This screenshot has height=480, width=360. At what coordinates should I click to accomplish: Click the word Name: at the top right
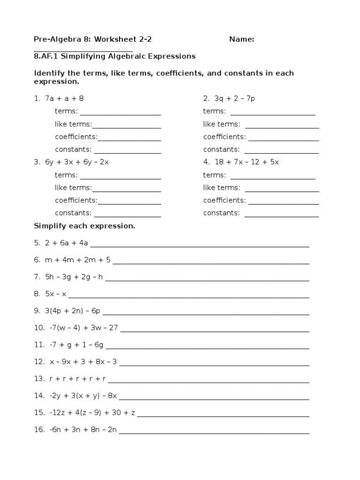click(x=241, y=39)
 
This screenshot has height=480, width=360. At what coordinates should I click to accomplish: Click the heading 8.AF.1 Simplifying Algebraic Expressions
click(x=114, y=56)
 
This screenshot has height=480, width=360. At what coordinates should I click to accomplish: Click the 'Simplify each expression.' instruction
click(x=84, y=226)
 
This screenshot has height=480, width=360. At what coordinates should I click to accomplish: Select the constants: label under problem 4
click(x=221, y=213)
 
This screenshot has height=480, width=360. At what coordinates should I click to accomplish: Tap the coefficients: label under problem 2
click(x=224, y=137)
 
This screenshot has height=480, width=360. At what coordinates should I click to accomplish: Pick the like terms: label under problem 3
click(x=73, y=188)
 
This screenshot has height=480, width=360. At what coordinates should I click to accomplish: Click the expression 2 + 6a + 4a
click(x=67, y=243)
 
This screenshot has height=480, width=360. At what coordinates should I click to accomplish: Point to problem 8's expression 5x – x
click(x=56, y=294)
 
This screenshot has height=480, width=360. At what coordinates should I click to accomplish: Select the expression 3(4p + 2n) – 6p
click(x=73, y=311)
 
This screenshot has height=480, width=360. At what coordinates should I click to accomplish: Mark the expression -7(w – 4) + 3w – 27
click(x=83, y=328)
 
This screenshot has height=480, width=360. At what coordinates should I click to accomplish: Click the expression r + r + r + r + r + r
click(x=77, y=378)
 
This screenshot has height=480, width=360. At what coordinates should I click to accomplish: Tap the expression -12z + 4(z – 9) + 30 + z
click(x=92, y=412)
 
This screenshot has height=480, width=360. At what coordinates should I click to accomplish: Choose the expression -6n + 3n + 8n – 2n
click(x=83, y=429)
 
